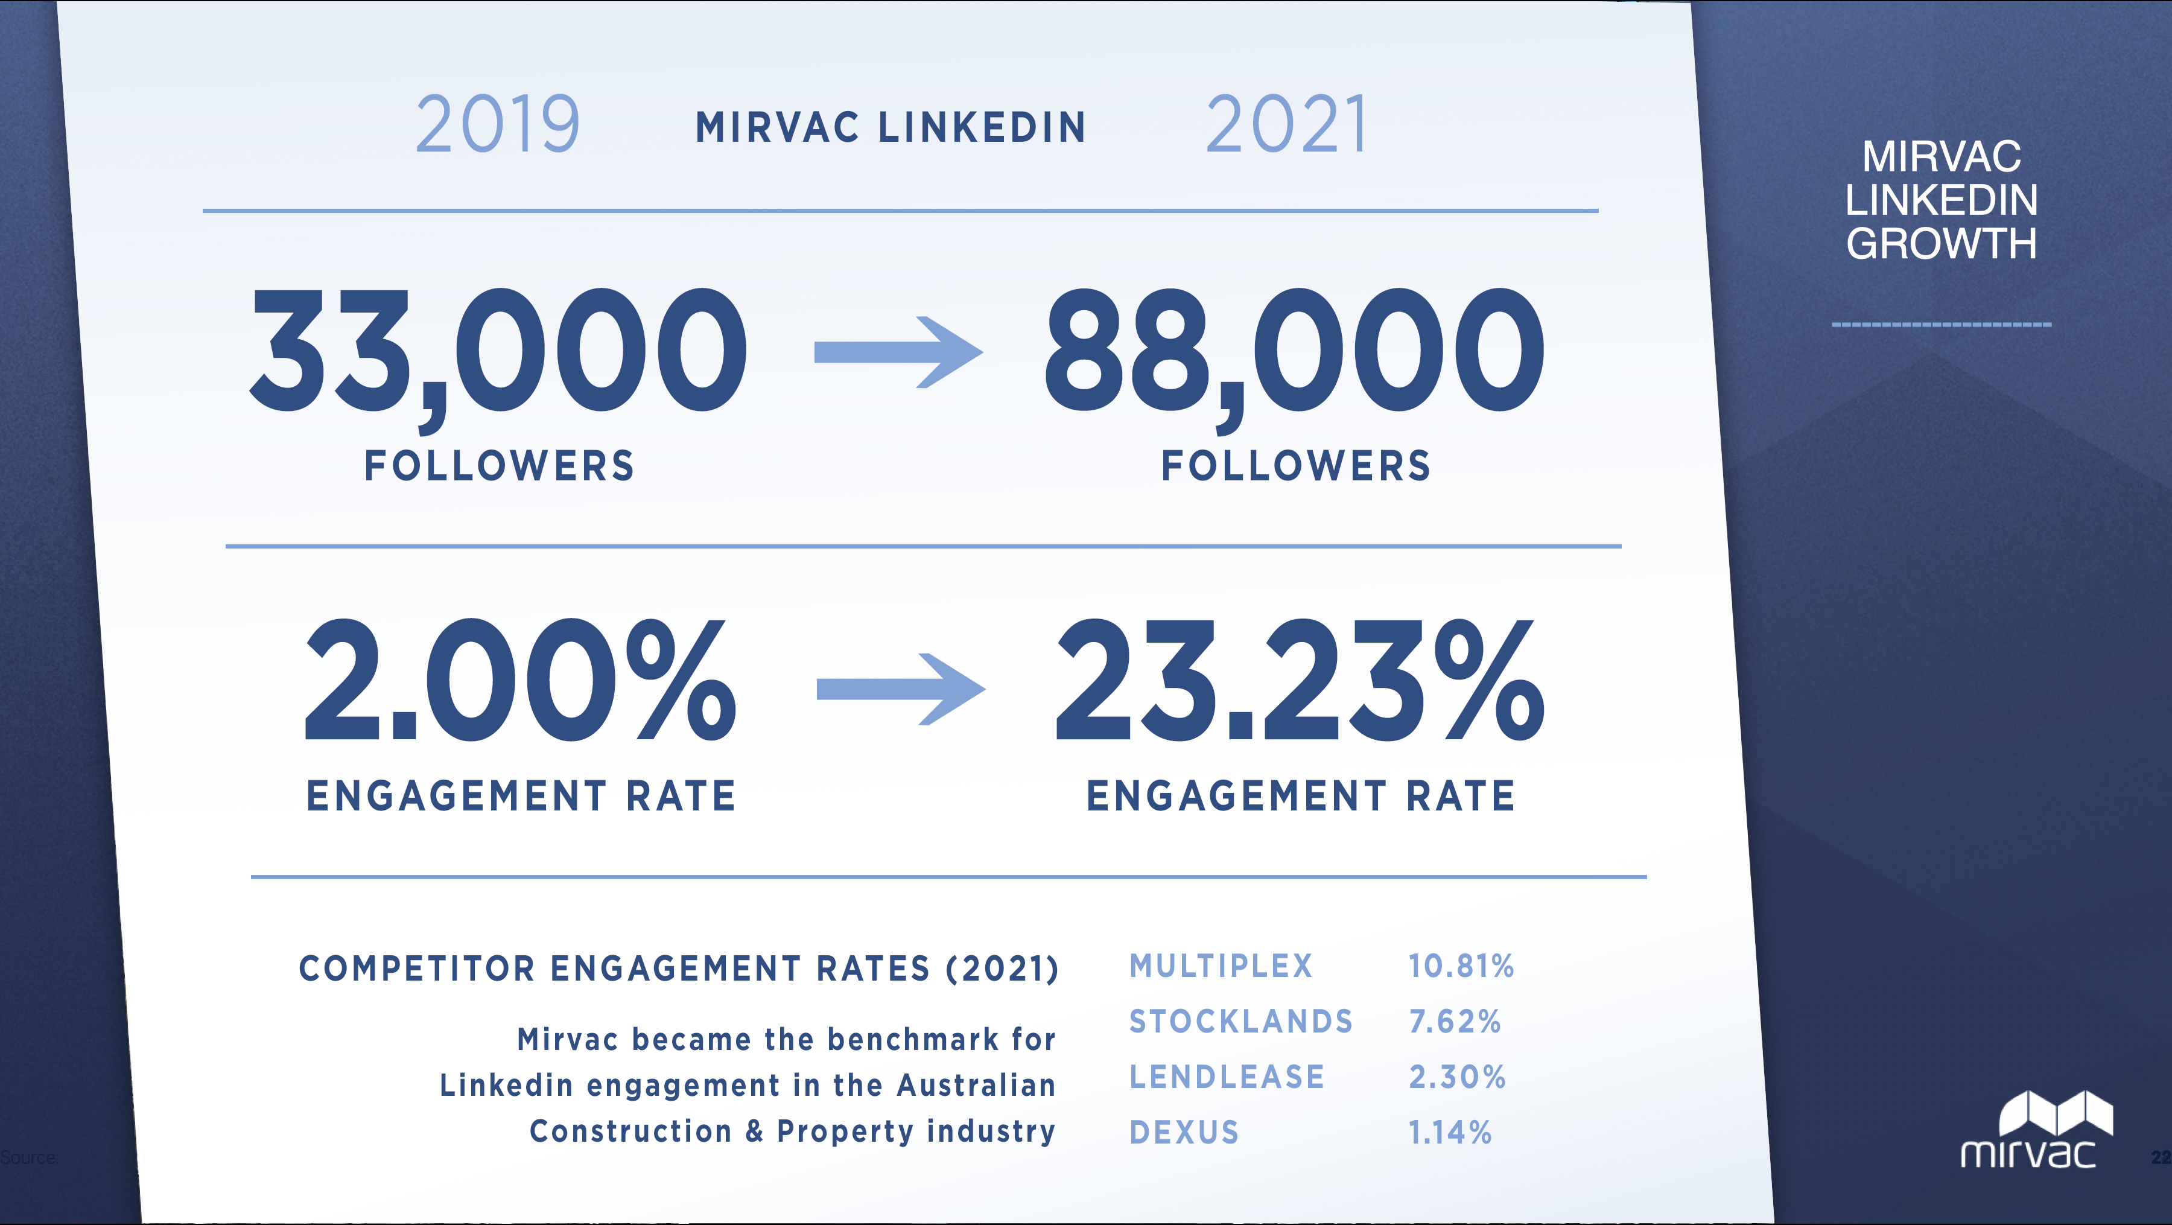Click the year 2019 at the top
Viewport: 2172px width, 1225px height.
(x=498, y=125)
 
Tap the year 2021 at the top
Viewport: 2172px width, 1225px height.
(x=1287, y=125)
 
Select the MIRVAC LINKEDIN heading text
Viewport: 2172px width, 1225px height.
(x=891, y=128)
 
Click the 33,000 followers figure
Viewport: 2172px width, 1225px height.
(x=498, y=351)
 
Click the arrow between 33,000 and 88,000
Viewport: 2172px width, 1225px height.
(x=898, y=352)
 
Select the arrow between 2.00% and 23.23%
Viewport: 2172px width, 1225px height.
(x=901, y=689)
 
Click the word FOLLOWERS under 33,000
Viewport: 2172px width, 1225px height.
(x=499, y=466)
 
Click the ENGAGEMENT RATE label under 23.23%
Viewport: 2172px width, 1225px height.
(x=1301, y=797)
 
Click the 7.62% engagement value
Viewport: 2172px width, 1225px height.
(x=1455, y=1022)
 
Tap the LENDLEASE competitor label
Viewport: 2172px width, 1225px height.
(x=1227, y=1078)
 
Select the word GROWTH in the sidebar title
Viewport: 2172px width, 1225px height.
(x=1941, y=244)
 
